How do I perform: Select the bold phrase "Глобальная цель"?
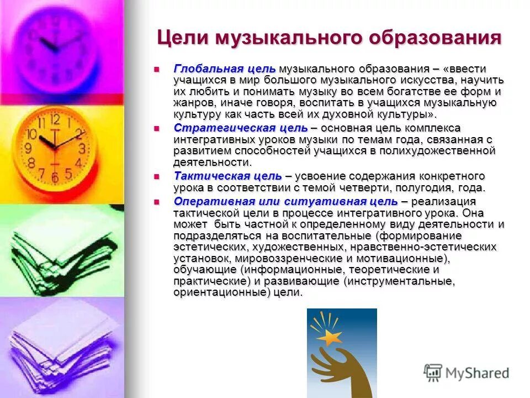(x=224, y=69)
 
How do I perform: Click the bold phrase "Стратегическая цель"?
(x=240, y=128)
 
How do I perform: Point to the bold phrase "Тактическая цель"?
(x=228, y=176)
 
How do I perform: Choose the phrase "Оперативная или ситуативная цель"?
(x=284, y=200)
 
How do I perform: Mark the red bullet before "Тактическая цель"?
(x=156, y=176)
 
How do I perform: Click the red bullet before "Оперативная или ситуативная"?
(x=156, y=201)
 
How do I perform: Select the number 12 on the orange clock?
(x=55, y=119)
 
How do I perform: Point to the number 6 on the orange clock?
(x=54, y=177)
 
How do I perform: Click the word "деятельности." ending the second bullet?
(x=212, y=163)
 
